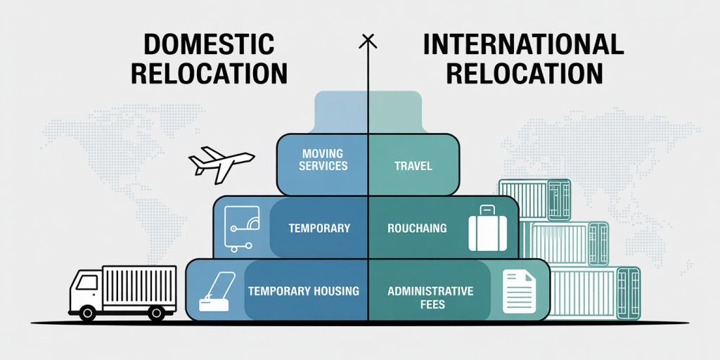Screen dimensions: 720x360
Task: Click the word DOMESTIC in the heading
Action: coord(208,45)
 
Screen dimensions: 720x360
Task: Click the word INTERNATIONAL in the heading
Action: coord(523,45)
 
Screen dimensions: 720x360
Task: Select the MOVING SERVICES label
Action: coord(323,160)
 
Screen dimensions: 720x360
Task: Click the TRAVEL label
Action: coord(413,165)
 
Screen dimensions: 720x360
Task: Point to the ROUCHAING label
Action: coord(417,228)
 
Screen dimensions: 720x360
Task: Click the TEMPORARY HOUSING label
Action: coord(304,290)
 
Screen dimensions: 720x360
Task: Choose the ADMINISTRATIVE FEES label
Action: coord(430,297)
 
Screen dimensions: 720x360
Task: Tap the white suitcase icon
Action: coord(487,229)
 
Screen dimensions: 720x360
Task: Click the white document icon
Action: coord(520,291)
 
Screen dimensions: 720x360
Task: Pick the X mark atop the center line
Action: coord(367,41)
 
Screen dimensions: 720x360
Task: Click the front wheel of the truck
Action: coord(87,313)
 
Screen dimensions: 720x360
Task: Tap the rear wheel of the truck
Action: coord(156,313)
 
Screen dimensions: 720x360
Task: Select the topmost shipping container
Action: coord(535,200)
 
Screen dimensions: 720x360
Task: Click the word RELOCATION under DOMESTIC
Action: coord(209,73)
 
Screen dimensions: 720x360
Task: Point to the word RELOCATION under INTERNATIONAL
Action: coord(524,73)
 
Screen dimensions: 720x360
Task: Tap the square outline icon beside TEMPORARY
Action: coord(242,229)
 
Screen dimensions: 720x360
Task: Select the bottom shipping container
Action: coord(595,293)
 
